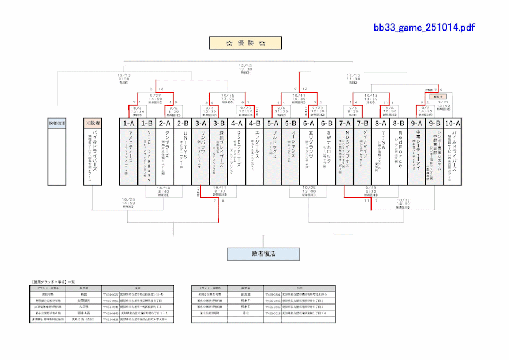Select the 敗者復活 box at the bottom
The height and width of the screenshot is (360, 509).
point(263,254)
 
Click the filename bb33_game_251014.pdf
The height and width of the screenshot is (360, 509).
point(424,27)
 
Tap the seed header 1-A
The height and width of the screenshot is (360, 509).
point(128,122)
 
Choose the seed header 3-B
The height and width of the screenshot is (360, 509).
point(218,122)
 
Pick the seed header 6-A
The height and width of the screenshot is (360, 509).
point(308,122)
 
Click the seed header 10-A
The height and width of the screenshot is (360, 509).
point(452,122)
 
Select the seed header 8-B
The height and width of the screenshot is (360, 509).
point(399,122)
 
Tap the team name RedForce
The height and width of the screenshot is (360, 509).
point(400,150)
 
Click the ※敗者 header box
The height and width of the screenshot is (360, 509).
point(92,122)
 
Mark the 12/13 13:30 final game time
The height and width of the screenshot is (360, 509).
point(245,68)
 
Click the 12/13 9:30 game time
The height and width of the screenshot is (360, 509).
point(124,77)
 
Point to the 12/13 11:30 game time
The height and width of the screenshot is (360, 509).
point(353,77)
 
